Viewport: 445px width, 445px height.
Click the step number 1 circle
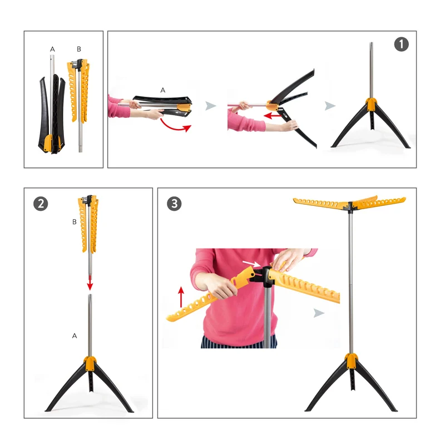tap(401, 44)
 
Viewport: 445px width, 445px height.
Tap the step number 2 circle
tap(41, 204)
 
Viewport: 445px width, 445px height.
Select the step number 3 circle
tap(174, 204)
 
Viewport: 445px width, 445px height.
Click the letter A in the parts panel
tap(52, 49)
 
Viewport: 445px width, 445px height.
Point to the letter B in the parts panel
tap(79, 49)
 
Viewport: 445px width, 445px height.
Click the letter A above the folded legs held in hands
tap(162, 90)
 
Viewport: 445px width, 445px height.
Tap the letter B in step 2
tap(75, 221)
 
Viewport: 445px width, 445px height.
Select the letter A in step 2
tap(75, 336)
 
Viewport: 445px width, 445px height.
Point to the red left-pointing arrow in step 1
tap(273, 116)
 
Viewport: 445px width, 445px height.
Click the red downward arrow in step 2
tap(90, 283)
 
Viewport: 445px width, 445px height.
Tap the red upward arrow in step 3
tap(181, 297)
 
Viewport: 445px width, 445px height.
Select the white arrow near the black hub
tap(251, 264)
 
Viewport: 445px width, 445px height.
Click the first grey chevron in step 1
tap(211, 106)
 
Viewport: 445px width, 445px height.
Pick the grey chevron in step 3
tap(319, 313)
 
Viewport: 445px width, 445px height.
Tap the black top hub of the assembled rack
tap(350, 206)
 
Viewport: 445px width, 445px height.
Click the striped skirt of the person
tap(239, 342)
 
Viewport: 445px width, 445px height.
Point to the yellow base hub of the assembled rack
tap(351, 360)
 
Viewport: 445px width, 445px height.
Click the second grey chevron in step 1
tap(330, 106)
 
